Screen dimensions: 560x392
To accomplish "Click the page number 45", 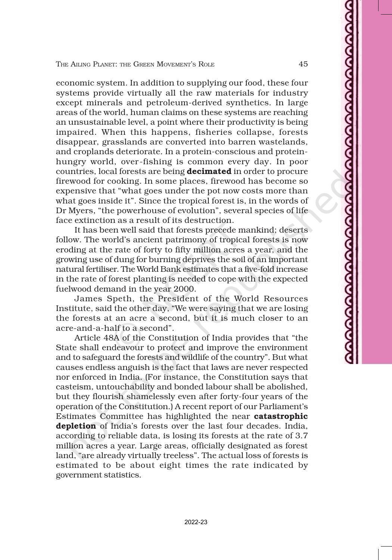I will (x=303, y=64).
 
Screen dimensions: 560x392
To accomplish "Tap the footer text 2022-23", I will (x=196, y=522).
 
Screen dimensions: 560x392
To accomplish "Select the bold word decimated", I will (x=209, y=171).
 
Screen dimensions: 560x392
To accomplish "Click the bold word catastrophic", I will (x=281, y=416).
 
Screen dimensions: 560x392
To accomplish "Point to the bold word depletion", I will (x=76, y=426).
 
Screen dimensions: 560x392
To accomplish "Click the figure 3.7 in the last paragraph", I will (x=301, y=436).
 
